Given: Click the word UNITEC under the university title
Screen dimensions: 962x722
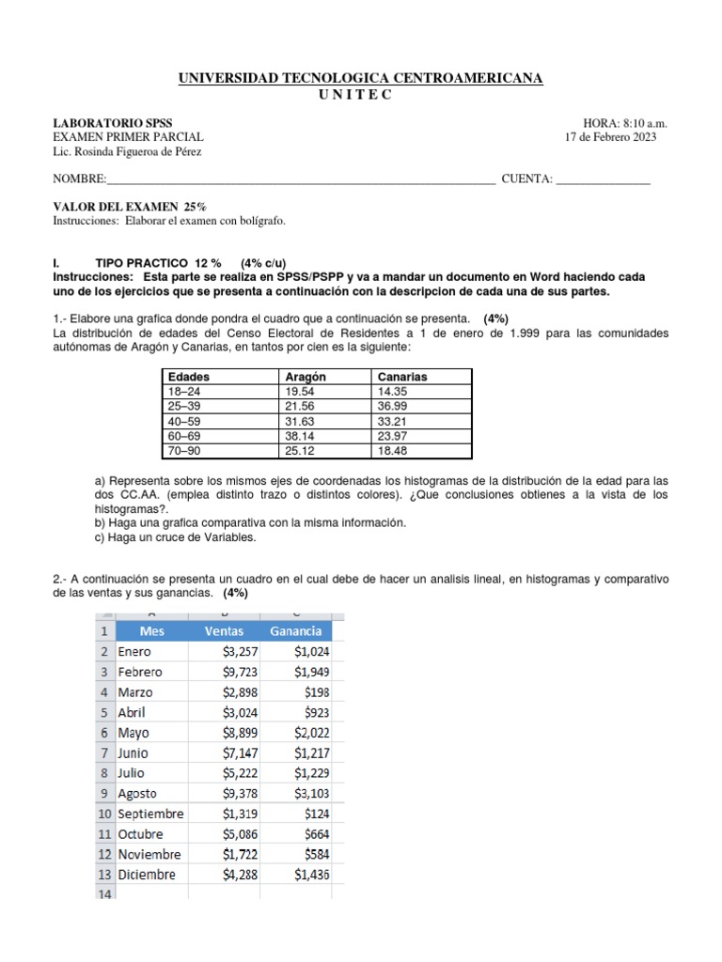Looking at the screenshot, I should tap(361, 94).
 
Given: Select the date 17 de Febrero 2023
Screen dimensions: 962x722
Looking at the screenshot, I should tap(609, 137).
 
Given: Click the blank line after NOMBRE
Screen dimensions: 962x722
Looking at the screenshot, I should tap(301, 180).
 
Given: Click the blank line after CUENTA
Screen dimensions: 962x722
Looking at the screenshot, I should tap(603, 180).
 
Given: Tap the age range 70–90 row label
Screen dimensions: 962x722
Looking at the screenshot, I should tap(183, 451).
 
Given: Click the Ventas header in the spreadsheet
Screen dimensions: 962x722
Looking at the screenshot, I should tap(223, 630).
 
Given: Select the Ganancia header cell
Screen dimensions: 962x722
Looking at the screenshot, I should tap(295, 630).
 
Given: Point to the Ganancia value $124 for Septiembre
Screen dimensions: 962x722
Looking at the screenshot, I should tap(316, 814).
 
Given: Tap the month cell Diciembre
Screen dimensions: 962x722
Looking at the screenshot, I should tap(147, 875).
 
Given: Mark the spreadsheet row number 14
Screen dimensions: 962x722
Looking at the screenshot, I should tap(102, 894).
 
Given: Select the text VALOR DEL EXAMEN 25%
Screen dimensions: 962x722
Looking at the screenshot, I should tap(130, 207).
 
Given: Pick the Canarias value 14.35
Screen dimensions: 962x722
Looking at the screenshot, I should tap(393, 390).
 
